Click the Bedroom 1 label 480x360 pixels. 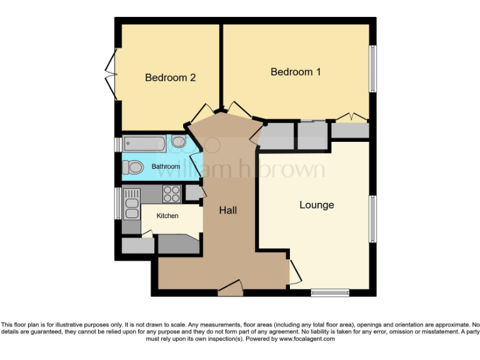[296, 72]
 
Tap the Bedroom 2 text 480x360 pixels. [171, 77]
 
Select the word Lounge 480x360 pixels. [316, 205]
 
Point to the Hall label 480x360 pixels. [227, 211]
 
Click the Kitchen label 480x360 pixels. [167, 216]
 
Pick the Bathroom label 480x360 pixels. [166, 167]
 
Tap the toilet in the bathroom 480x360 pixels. [132, 167]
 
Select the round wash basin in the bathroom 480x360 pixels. [178, 142]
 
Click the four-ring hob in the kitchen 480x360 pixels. [171, 194]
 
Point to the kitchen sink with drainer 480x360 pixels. [132, 204]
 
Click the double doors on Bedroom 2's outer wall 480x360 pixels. [111, 74]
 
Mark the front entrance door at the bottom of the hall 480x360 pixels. [230, 289]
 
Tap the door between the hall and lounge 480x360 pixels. [293, 272]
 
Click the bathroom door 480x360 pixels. [196, 164]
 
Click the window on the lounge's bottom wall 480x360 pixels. [329, 292]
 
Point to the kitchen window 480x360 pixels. [117, 203]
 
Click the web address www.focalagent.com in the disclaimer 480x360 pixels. [307, 339]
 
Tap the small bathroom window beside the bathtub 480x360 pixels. [117, 144]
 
